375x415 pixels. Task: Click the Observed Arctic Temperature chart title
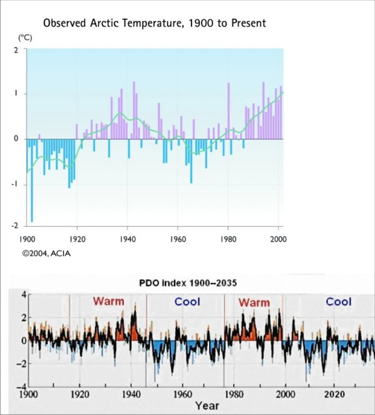click(x=154, y=23)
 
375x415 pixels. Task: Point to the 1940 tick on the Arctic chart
click(x=127, y=239)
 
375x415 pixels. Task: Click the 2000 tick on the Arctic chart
click(x=278, y=239)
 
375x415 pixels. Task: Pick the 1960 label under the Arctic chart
click(x=177, y=239)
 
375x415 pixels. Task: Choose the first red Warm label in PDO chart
click(x=109, y=302)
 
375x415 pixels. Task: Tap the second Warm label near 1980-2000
click(x=254, y=302)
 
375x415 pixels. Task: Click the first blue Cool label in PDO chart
click(x=187, y=302)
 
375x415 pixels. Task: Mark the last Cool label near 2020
click(x=339, y=302)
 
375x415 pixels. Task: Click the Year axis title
click(x=207, y=405)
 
